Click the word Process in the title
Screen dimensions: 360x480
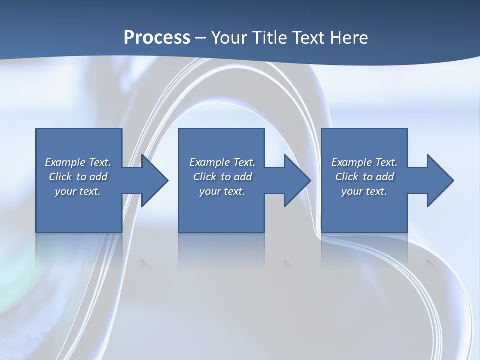point(157,38)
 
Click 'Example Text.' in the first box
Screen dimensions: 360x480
point(78,162)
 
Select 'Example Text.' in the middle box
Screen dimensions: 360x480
point(222,162)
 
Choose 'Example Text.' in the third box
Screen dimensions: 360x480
point(364,162)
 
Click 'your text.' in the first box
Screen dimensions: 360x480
point(78,191)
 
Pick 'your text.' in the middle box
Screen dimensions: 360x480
point(222,191)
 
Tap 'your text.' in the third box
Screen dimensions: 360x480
point(364,191)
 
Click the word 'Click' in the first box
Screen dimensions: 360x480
point(60,177)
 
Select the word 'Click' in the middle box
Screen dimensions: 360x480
point(204,177)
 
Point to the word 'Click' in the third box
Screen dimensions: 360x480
point(347,177)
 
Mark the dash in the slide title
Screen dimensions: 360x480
point(200,38)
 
